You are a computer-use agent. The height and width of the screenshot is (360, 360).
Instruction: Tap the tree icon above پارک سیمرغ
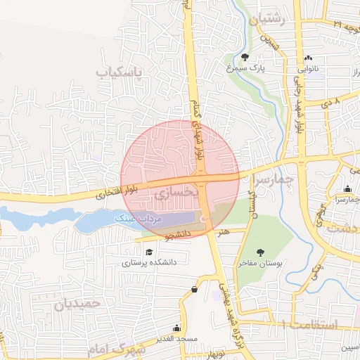[245, 58]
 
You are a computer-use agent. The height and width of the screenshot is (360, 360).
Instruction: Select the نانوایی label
[310, 69]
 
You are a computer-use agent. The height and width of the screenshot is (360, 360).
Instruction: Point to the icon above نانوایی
[307, 58]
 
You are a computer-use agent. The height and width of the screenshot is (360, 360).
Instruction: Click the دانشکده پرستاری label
[149, 263]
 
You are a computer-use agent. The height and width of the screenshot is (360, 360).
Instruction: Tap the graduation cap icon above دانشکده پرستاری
[148, 252]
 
